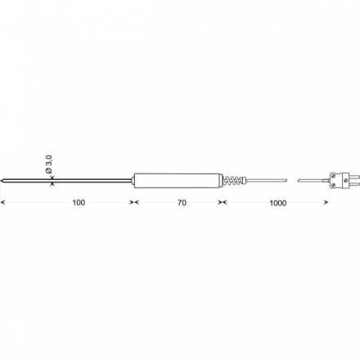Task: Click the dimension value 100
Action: coord(79,203)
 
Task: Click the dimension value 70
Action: coord(182,203)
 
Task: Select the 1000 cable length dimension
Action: coord(278,203)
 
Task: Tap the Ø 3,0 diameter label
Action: coord(48,164)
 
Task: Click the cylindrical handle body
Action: coord(178,180)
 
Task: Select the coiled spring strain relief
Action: coord(233,180)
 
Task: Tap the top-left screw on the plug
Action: coord(334,176)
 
